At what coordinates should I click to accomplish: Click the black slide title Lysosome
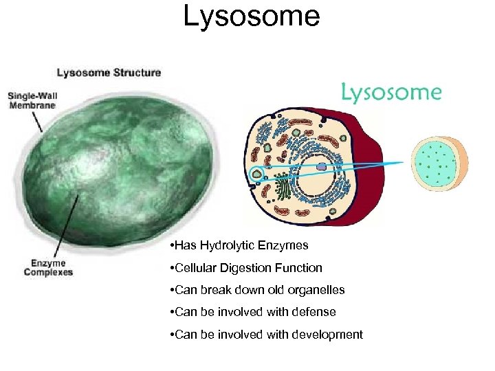coord(251,16)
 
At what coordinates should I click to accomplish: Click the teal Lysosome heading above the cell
coord(391,93)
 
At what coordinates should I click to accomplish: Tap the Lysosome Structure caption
coord(109,72)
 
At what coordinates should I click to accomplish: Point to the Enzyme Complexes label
coord(48,267)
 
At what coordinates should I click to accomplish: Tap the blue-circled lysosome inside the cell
coord(256,175)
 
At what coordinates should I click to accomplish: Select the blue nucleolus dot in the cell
coord(321,166)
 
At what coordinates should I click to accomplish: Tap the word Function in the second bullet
coord(299,267)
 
